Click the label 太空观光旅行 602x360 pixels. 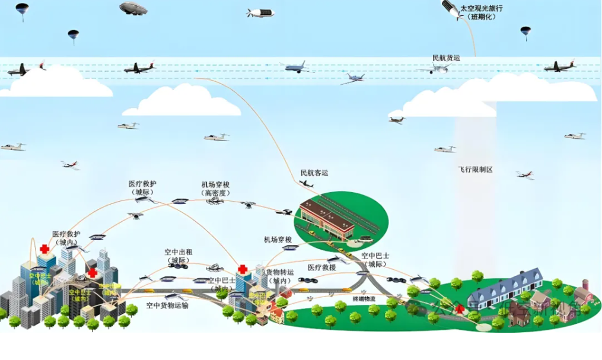pos(482,8)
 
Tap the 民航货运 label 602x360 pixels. pos(446,58)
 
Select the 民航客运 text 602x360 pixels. pos(314,173)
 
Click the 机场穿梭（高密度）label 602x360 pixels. pos(215,189)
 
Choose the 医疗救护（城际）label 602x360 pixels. pos(143,188)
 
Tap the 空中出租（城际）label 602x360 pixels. pos(179,256)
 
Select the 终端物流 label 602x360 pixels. pos(363,300)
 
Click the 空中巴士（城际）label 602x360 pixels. pos(374,259)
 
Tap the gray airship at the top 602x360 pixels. pos(133,8)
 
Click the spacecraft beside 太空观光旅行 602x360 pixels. pos(450,8)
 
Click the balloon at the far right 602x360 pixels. pos(525,32)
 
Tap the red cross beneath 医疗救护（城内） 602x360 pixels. pos(44,249)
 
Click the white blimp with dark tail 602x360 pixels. pos(260,12)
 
